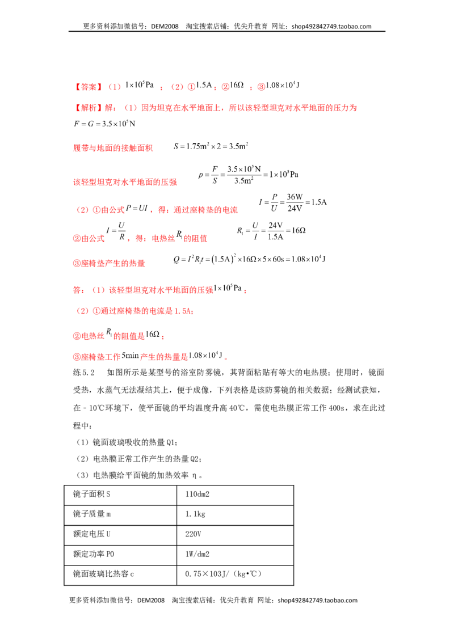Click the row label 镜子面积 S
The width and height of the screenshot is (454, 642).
(x=92, y=494)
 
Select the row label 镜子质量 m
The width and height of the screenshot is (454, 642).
(x=92, y=514)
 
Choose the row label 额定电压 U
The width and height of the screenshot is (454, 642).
(x=92, y=534)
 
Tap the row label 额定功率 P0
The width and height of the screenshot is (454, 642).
(x=94, y=554)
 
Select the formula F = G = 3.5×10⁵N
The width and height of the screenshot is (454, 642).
(x=104, y=123)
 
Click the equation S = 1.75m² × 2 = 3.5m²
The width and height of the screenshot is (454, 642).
(x=211, y=146)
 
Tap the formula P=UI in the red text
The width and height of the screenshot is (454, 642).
(x=137, y=208)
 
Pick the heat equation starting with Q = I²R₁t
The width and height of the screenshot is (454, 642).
(x=249, y=259)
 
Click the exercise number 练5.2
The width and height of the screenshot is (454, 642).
(x=84, y=372)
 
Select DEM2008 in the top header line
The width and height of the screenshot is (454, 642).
(x=165, y=27)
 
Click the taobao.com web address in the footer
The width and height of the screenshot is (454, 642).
(x=318, y=600)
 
